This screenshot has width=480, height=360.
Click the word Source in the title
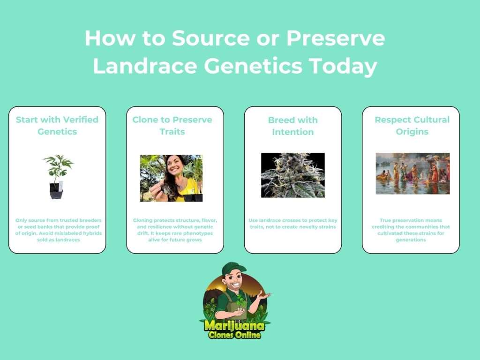pos(210,38)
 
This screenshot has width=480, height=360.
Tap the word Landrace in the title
pos(145,66)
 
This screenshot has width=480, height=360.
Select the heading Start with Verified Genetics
pos(57,126)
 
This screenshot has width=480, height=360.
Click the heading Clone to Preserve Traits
pos(172,126)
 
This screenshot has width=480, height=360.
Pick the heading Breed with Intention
pos(293,126)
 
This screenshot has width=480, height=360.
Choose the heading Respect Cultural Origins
pos(412,126)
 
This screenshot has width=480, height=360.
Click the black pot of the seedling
pos(56,191)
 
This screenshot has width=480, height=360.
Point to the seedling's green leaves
pos(58,165)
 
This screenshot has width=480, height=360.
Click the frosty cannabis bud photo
pos(293,175)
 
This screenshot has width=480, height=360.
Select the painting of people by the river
pos(412,173)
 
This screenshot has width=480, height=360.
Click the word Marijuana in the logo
pos(234,325)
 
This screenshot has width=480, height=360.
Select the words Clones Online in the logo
pos(234,335)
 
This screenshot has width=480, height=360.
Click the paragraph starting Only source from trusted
pos(59,230)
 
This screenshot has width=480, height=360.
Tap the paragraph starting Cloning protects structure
pos(175,230)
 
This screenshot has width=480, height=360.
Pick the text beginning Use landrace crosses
pos(293,224)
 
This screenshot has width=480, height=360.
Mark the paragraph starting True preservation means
pos(411,230)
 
